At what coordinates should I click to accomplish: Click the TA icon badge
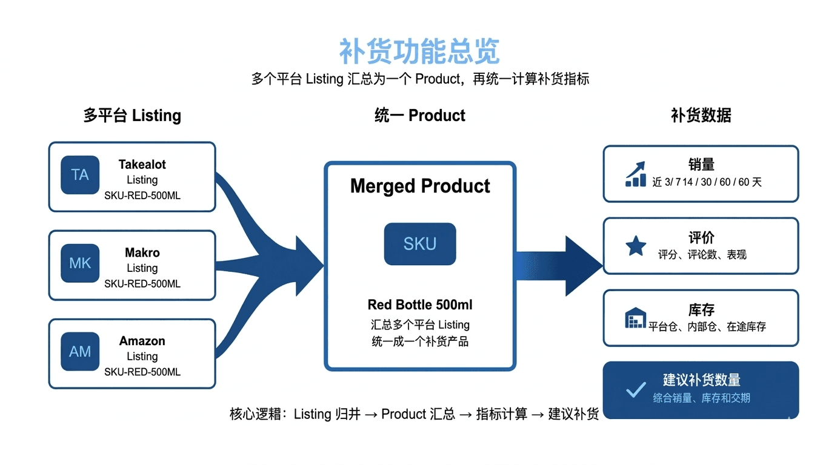pyautogui.click(x=80, y=175)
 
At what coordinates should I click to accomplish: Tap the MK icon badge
pyautogui.click(x=80, y=263)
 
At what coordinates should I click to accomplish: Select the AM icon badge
pyautogui.click(x=80, y=352)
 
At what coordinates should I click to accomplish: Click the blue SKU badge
pyautogui.click(x=420, y=244)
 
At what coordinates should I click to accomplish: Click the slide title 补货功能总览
pyautogui.click(x=419, y=51)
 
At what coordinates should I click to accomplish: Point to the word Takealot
pyautogui.click(x=142, y=165)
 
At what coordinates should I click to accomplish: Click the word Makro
pyautogui.click(x=142, y=253)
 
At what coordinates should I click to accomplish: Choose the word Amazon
pyautogui.click(x=142, y=341)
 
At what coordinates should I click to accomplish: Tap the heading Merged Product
pyautogui.click(x=420, y=186)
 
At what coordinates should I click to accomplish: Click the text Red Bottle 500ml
pyautogui.click(x=420, y=305)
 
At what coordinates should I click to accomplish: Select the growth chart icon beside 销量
pyautogui.click(x=636, y=174)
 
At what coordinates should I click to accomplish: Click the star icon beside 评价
pyautogui.click(x=636, y=246)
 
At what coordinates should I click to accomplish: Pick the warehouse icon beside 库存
pyautogui.click(x=635, y=318)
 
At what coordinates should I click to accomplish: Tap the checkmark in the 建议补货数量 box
pyautogui.click(x=636, y=389)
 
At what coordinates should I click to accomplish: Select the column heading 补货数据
pyautogui.click(x=701, y=116)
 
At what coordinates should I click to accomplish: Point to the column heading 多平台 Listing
pyautogui.click(x=132, y=116)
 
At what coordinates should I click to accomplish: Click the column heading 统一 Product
pyautogui.click(x=420, y=116)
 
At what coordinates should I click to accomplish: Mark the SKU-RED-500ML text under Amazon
pyautogui.click(x=142, y=372)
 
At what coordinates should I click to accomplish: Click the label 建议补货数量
pyautogui.click(x=701, y=380)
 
